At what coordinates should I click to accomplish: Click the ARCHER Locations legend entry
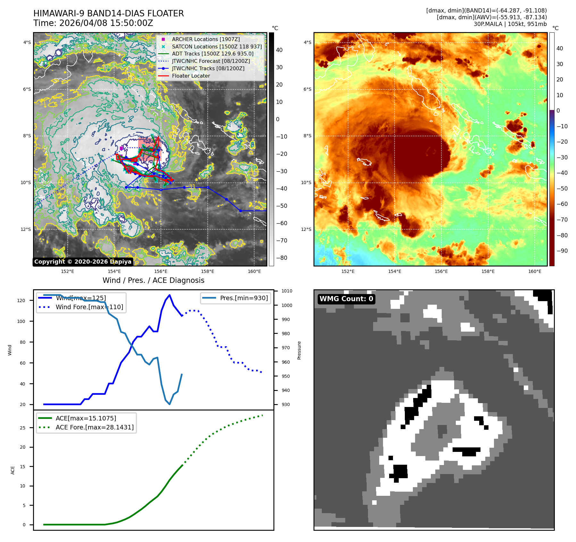click(205, 39)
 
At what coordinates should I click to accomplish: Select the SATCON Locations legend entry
click(217, 47)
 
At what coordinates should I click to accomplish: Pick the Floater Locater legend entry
click(191, 76)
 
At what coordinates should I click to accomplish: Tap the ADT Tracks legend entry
click(213, 54)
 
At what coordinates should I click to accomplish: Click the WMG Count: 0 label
click(346, 299)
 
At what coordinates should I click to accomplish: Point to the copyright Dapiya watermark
click(83, 262)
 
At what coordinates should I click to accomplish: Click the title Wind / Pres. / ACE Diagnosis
click(153, 280)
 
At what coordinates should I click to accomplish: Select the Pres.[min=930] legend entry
click(244, 298)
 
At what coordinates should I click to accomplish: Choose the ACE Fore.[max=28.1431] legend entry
click(95, 427)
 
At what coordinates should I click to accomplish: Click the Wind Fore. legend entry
click(89, 307)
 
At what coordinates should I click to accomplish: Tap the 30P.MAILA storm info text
click(510, 24)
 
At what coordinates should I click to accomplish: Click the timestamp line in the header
click(93, 23)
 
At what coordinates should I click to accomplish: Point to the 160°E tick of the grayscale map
click(254, 271)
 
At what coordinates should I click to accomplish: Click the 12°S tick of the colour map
click(306, 229)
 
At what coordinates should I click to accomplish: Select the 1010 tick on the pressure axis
click(287, 291)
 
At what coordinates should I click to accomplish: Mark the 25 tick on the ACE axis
click(22, 428)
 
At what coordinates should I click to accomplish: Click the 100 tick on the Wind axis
click(21, 321)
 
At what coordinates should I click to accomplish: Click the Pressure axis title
click(299, 350)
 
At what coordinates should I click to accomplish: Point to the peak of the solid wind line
click(170, 295)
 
